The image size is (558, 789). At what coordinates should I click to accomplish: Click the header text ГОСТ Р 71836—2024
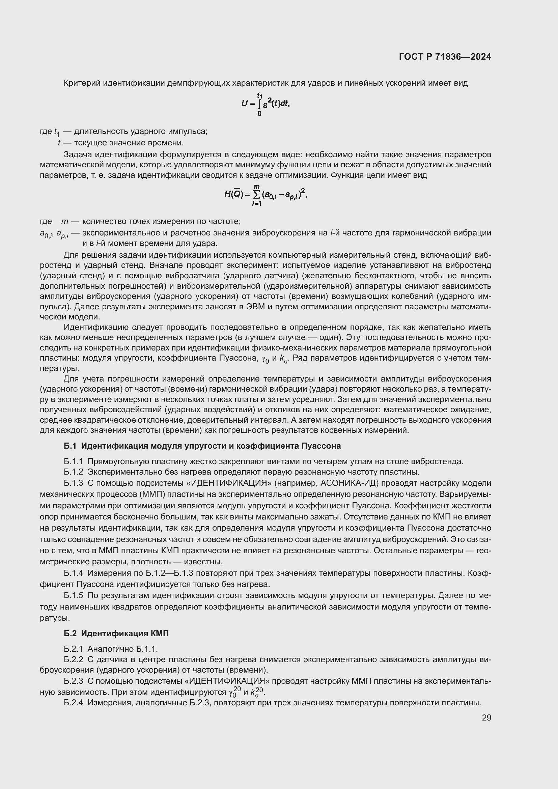(x=445, y=57)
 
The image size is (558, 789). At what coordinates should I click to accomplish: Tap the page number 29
(x=486, y=717)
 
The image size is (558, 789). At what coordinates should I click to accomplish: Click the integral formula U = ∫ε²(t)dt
(x=266, y=104)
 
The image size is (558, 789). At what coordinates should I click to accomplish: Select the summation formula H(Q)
(x=265, y=195)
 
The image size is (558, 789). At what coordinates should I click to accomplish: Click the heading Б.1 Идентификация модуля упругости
(x=202, y=446)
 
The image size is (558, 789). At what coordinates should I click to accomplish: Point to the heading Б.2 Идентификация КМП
(x=116, y=633)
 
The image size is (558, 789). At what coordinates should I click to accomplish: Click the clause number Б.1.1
(x=73, y=461)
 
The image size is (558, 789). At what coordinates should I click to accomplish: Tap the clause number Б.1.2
(x=73, y=472)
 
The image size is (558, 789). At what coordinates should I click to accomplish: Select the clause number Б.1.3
(x=73, y=483)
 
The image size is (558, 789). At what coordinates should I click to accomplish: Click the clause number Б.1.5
(x=73, y=595)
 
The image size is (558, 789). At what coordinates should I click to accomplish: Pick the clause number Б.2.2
(x=73, y=659)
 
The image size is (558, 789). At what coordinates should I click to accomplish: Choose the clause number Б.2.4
(x=73, y=703)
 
